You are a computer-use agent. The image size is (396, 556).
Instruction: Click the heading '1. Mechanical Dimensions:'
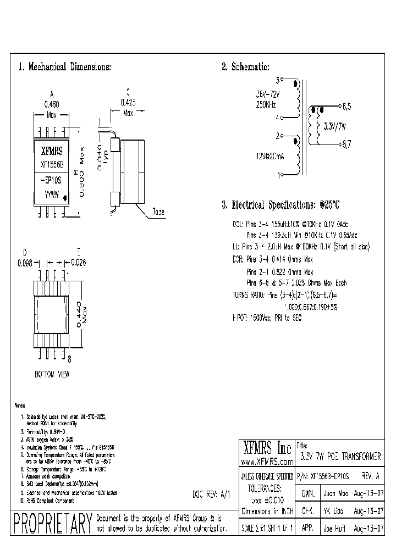[65, 67]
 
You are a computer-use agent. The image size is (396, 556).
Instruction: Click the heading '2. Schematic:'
[245, 67]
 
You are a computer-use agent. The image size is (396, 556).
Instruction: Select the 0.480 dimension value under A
[52, 103]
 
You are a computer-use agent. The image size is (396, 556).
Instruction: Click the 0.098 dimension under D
[25, 263]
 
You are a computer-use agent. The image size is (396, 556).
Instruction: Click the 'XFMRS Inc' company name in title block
[267, 446]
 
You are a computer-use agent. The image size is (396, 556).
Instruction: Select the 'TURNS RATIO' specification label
[248, 295]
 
